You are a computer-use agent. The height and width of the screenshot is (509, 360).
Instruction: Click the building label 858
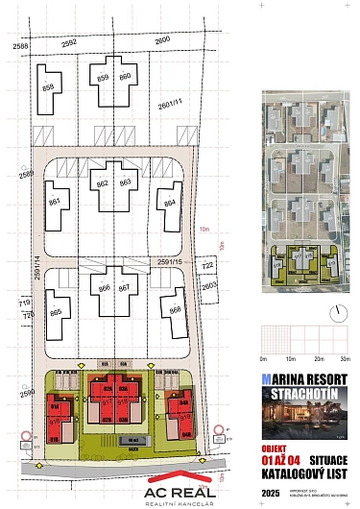click(x=47, y=87)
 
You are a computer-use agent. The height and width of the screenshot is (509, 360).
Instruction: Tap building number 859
click(x=104, y=76)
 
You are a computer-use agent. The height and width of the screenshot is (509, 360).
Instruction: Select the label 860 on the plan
click(x=125, y=76)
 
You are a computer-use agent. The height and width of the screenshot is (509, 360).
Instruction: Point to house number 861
click(x=55, y=201)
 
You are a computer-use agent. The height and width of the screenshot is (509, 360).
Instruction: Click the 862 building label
click(x=103, y=182)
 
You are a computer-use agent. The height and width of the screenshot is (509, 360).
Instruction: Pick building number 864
click(x=170, y=203)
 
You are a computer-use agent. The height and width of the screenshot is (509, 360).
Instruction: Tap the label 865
click(x=56, y=312)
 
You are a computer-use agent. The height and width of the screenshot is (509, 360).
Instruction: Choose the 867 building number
click(x=126, y=287)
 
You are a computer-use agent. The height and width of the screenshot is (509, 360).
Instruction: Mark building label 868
click(x=175, y=310)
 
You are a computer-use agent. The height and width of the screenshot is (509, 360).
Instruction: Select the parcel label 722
click(x=207, y=265)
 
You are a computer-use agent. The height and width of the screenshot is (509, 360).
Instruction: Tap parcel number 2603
click(x=210, y=285)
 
